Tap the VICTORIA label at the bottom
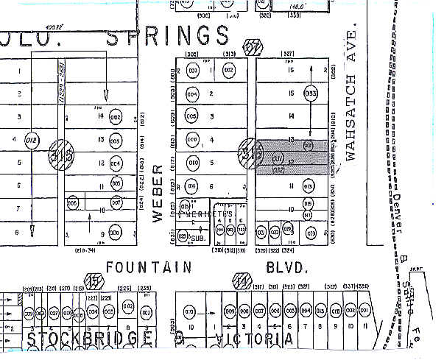pyautogui.click(x=251, y=339)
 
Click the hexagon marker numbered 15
pyautogui.click(x=94, y=280)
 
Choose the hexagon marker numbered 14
pyautogui.click(x=241, y=280)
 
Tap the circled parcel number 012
pyautogui.click(x=31, y=139)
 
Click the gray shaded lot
pyautogui.click(x=295, y=156)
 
